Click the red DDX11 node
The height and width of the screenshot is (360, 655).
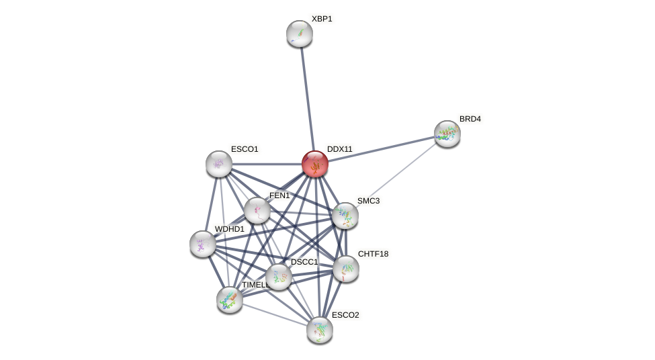[314, 164]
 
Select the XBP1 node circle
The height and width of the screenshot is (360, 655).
[300, 34]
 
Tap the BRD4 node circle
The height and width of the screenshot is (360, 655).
[447, 134]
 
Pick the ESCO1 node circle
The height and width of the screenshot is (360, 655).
[219, 164]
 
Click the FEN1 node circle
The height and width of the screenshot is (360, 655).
[257, 210]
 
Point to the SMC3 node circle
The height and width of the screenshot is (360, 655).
[345, 216]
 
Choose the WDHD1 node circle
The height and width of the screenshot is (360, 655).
[203, 244]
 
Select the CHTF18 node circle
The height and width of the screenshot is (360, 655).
[346, 269]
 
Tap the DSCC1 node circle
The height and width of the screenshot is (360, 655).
[279, 277]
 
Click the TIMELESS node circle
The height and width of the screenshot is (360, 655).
[230, 300]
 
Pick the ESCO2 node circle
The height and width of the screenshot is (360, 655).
[320, 330]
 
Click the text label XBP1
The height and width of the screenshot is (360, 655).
[322, 19]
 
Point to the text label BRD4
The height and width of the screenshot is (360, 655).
[470, 119]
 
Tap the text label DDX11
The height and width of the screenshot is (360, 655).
[339, 149]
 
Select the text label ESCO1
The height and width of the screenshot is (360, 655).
[245, 149]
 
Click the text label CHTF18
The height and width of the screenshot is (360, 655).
[373, 254]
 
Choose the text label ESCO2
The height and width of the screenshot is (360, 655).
[345, 315]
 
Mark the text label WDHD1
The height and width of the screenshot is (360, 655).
[230, 229]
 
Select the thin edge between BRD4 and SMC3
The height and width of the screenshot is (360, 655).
[396, 175]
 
